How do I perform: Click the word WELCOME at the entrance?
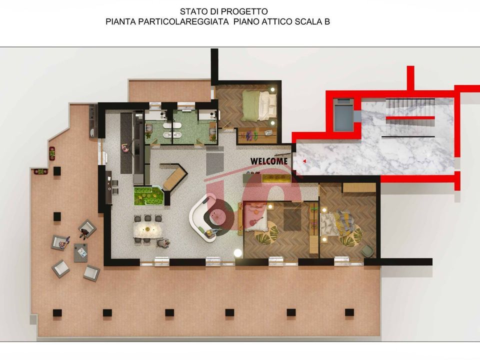click(269, 161)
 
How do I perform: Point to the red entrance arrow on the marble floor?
click(304, 161)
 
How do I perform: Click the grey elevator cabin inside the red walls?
click(344, 115)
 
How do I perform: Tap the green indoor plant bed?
click(148, 196)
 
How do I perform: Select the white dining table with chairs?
click(148, 230)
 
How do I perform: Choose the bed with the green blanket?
click(259, 105)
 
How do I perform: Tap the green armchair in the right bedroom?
click(368, 251)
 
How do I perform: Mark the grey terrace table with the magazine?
click(81, 252)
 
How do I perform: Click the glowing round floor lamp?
click(238, 253)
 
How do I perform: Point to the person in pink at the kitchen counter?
click(125, 148)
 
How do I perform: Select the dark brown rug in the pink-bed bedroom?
click(292, 219)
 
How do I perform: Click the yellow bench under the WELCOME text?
click(276, 179)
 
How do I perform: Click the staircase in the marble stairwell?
click(409, 118)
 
